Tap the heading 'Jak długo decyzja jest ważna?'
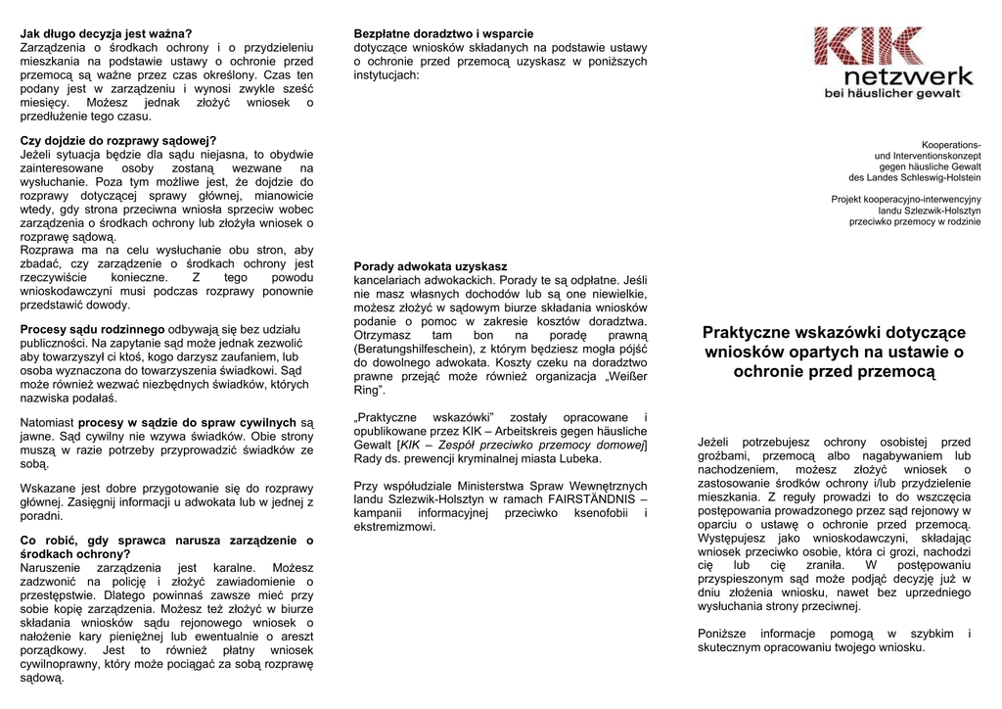(107, 33)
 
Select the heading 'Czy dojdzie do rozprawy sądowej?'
(118, 140)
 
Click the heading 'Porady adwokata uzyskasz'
(431, 265)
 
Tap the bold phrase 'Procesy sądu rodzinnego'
(93, 329)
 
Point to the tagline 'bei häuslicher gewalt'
(892, 93)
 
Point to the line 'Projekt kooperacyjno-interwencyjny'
(906, 199)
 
